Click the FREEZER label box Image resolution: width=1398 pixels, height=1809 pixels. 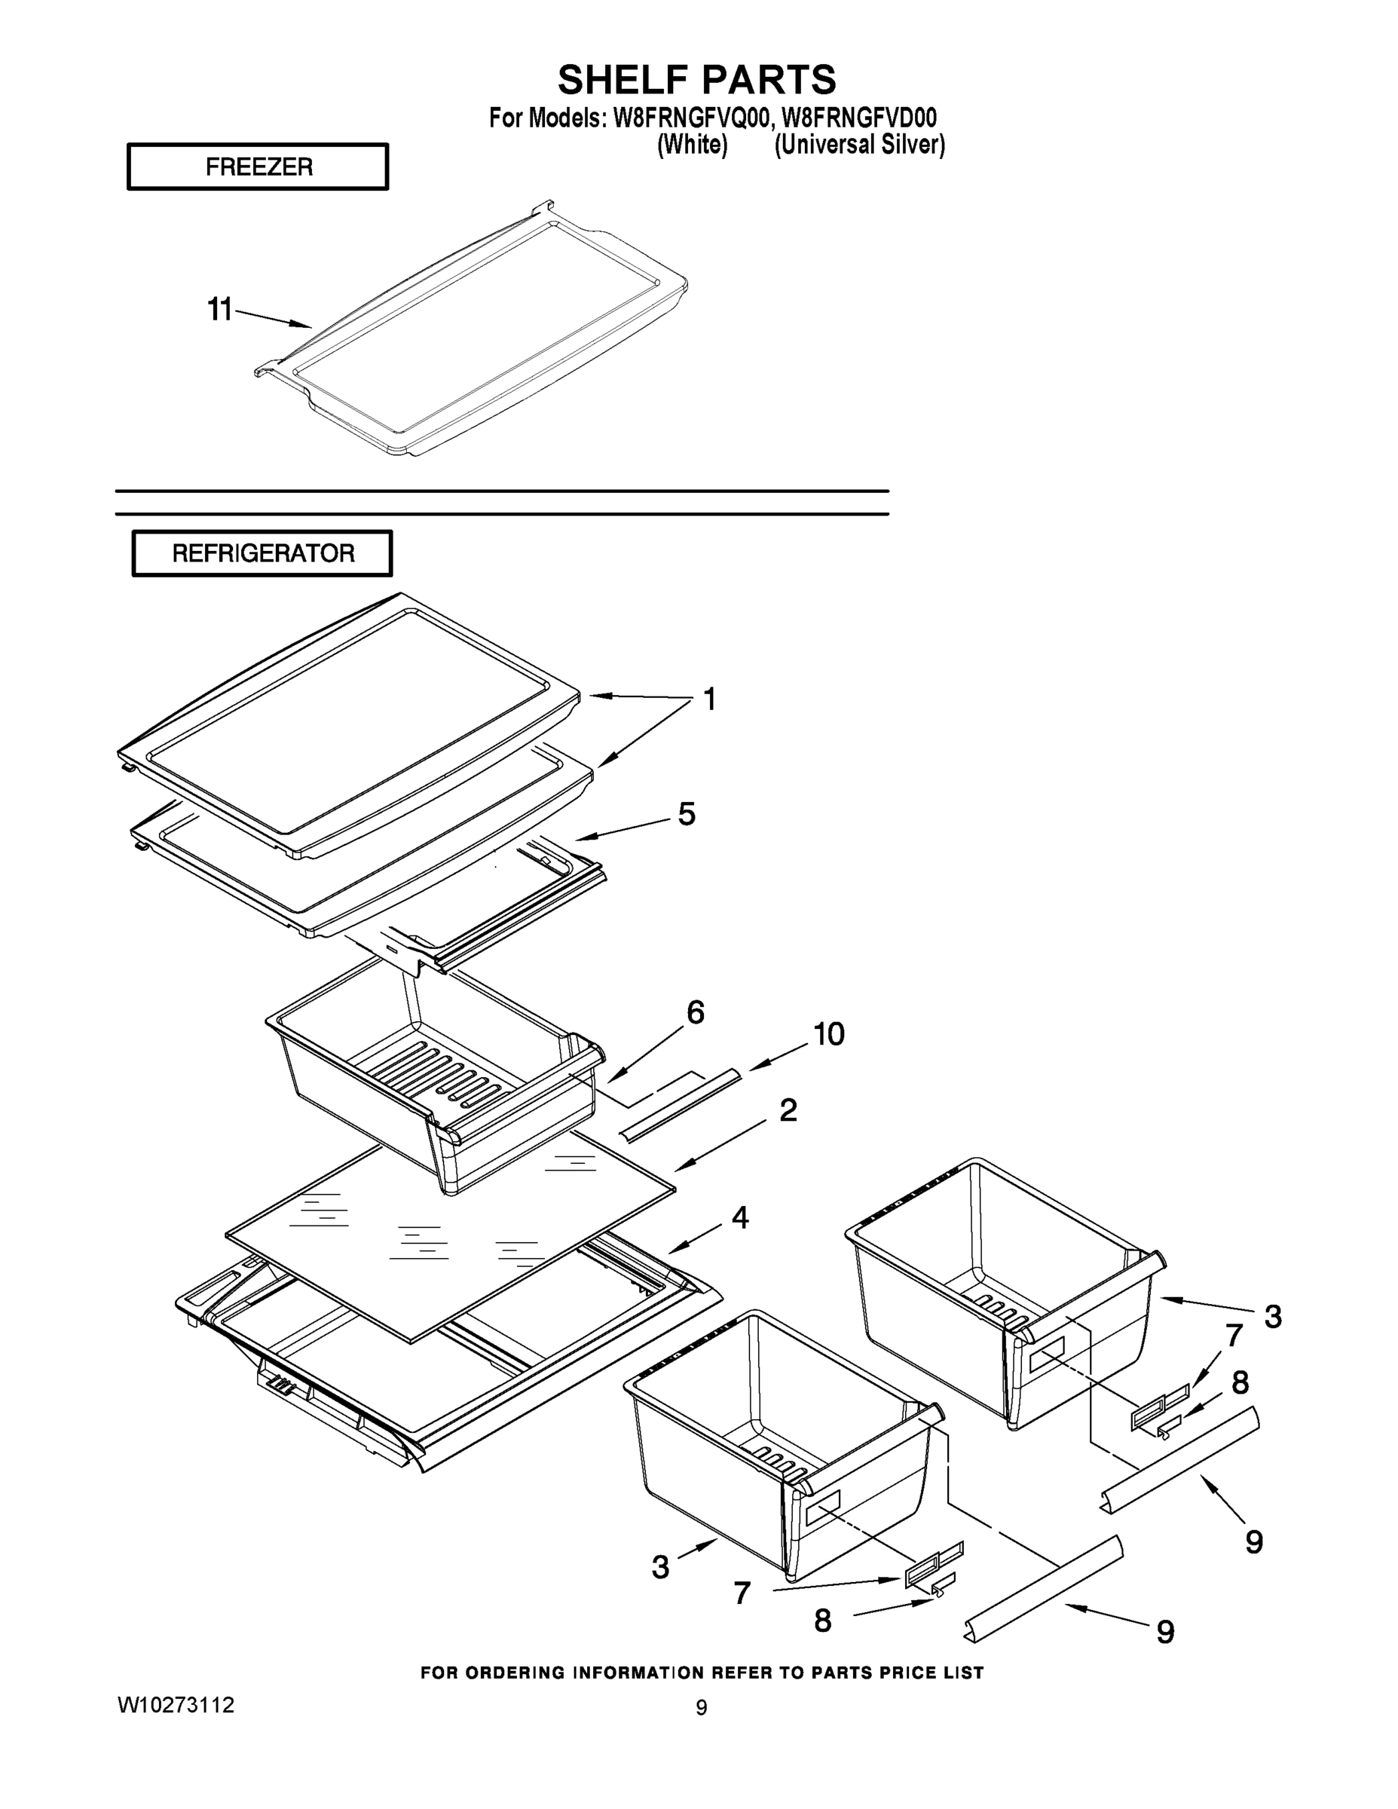tap(258, 167)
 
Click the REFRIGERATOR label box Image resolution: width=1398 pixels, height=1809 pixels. tap(262, 553)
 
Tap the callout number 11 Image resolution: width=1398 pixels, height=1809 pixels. tap(219, 310)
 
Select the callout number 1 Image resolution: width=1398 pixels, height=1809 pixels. tap(709, 699)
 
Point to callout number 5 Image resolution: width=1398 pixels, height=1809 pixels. tap(687, 814)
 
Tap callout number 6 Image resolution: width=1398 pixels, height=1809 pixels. tap(696, 1012)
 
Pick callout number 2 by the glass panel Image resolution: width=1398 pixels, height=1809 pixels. tap(788, 1111)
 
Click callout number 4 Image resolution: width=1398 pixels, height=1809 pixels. tap(739, 1217)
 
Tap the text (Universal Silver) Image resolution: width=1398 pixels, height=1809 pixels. tap(859, 144)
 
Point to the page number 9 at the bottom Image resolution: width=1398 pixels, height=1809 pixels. tap(701, 1707)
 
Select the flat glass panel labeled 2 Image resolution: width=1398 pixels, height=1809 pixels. tap(447, 1242)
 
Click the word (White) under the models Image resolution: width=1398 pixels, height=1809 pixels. tap(692, 144)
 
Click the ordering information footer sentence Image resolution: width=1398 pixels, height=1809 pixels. tap(702, 1673)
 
